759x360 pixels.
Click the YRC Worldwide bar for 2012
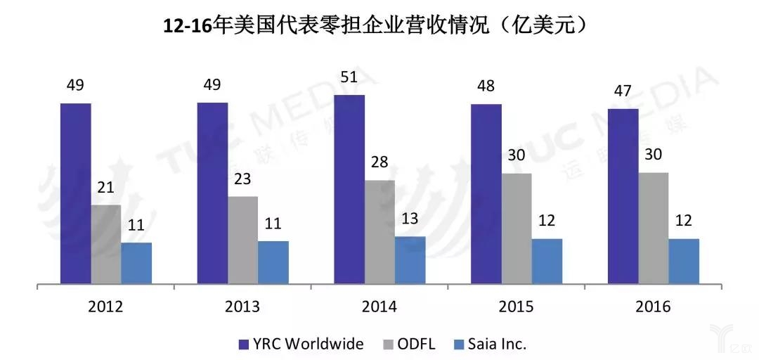pyautogui.click(x=75, y=194)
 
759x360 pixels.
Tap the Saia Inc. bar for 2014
pyautogui.click(x=410, y=261)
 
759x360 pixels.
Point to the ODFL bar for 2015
pyautogui.click(x=516, y=229)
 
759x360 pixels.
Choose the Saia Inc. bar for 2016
pyautogui.click(x=683, y=262)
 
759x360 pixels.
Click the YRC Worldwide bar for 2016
pyautogui.click(x=623, y=197)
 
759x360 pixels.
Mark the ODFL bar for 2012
pyautogui.click(x=105, y=245)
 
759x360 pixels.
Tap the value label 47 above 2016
pyautogui.click(x=623, y=91)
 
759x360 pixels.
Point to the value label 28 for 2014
pyautogui.click(x=379, y=162)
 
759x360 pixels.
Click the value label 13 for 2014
pyautogui.click(x=410, y=219)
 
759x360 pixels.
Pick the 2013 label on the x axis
pyautogui.click(x=242, y=307)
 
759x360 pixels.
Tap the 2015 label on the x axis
pyautogui.click(x=517, y=307)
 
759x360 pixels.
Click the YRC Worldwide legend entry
pyautogui.click(x=301, y=344)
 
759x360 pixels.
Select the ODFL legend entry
pyautogui.click(x=409, y=344)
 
